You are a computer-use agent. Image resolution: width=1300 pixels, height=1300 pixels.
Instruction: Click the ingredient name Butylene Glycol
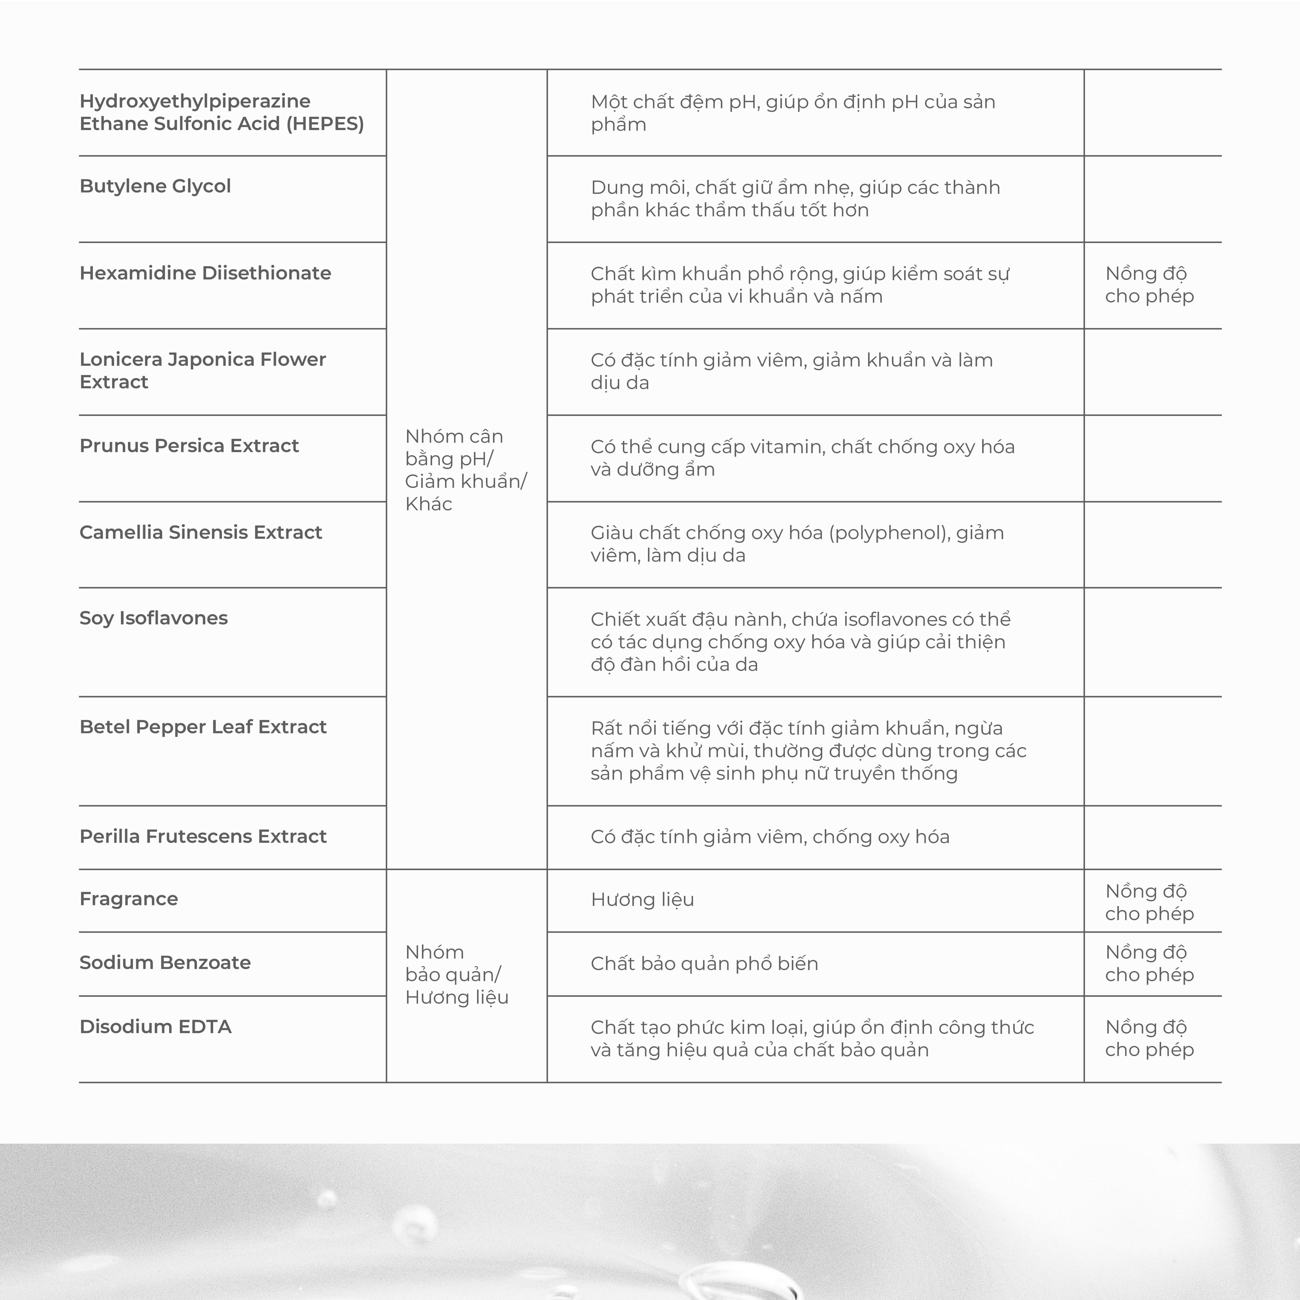pos(155,187)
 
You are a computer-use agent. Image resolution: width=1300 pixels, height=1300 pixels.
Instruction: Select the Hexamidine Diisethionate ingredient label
pos(205,273)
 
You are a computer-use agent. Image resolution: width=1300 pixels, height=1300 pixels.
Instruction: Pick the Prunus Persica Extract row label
pos(189,446)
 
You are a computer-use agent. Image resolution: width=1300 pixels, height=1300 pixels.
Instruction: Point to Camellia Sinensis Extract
pos(200,532)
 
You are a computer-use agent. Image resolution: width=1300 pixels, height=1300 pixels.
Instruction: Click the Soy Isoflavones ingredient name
pos(154,618)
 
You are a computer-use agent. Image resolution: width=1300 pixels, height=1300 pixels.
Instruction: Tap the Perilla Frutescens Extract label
pos(202,837)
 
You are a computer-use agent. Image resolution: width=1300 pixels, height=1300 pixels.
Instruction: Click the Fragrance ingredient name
pos(129,899)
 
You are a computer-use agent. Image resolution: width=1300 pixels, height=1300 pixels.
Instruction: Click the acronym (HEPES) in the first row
pos(325,124)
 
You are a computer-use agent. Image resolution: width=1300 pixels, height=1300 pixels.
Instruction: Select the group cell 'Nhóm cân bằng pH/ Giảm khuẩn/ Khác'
pos(466,470)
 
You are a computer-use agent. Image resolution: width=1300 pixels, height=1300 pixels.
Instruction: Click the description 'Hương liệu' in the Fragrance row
pos(642,900)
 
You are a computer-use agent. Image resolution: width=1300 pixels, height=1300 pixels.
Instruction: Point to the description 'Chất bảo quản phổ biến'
pos(704,964)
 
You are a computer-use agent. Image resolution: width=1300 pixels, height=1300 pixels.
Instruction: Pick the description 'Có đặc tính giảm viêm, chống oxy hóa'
pos(770,837)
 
